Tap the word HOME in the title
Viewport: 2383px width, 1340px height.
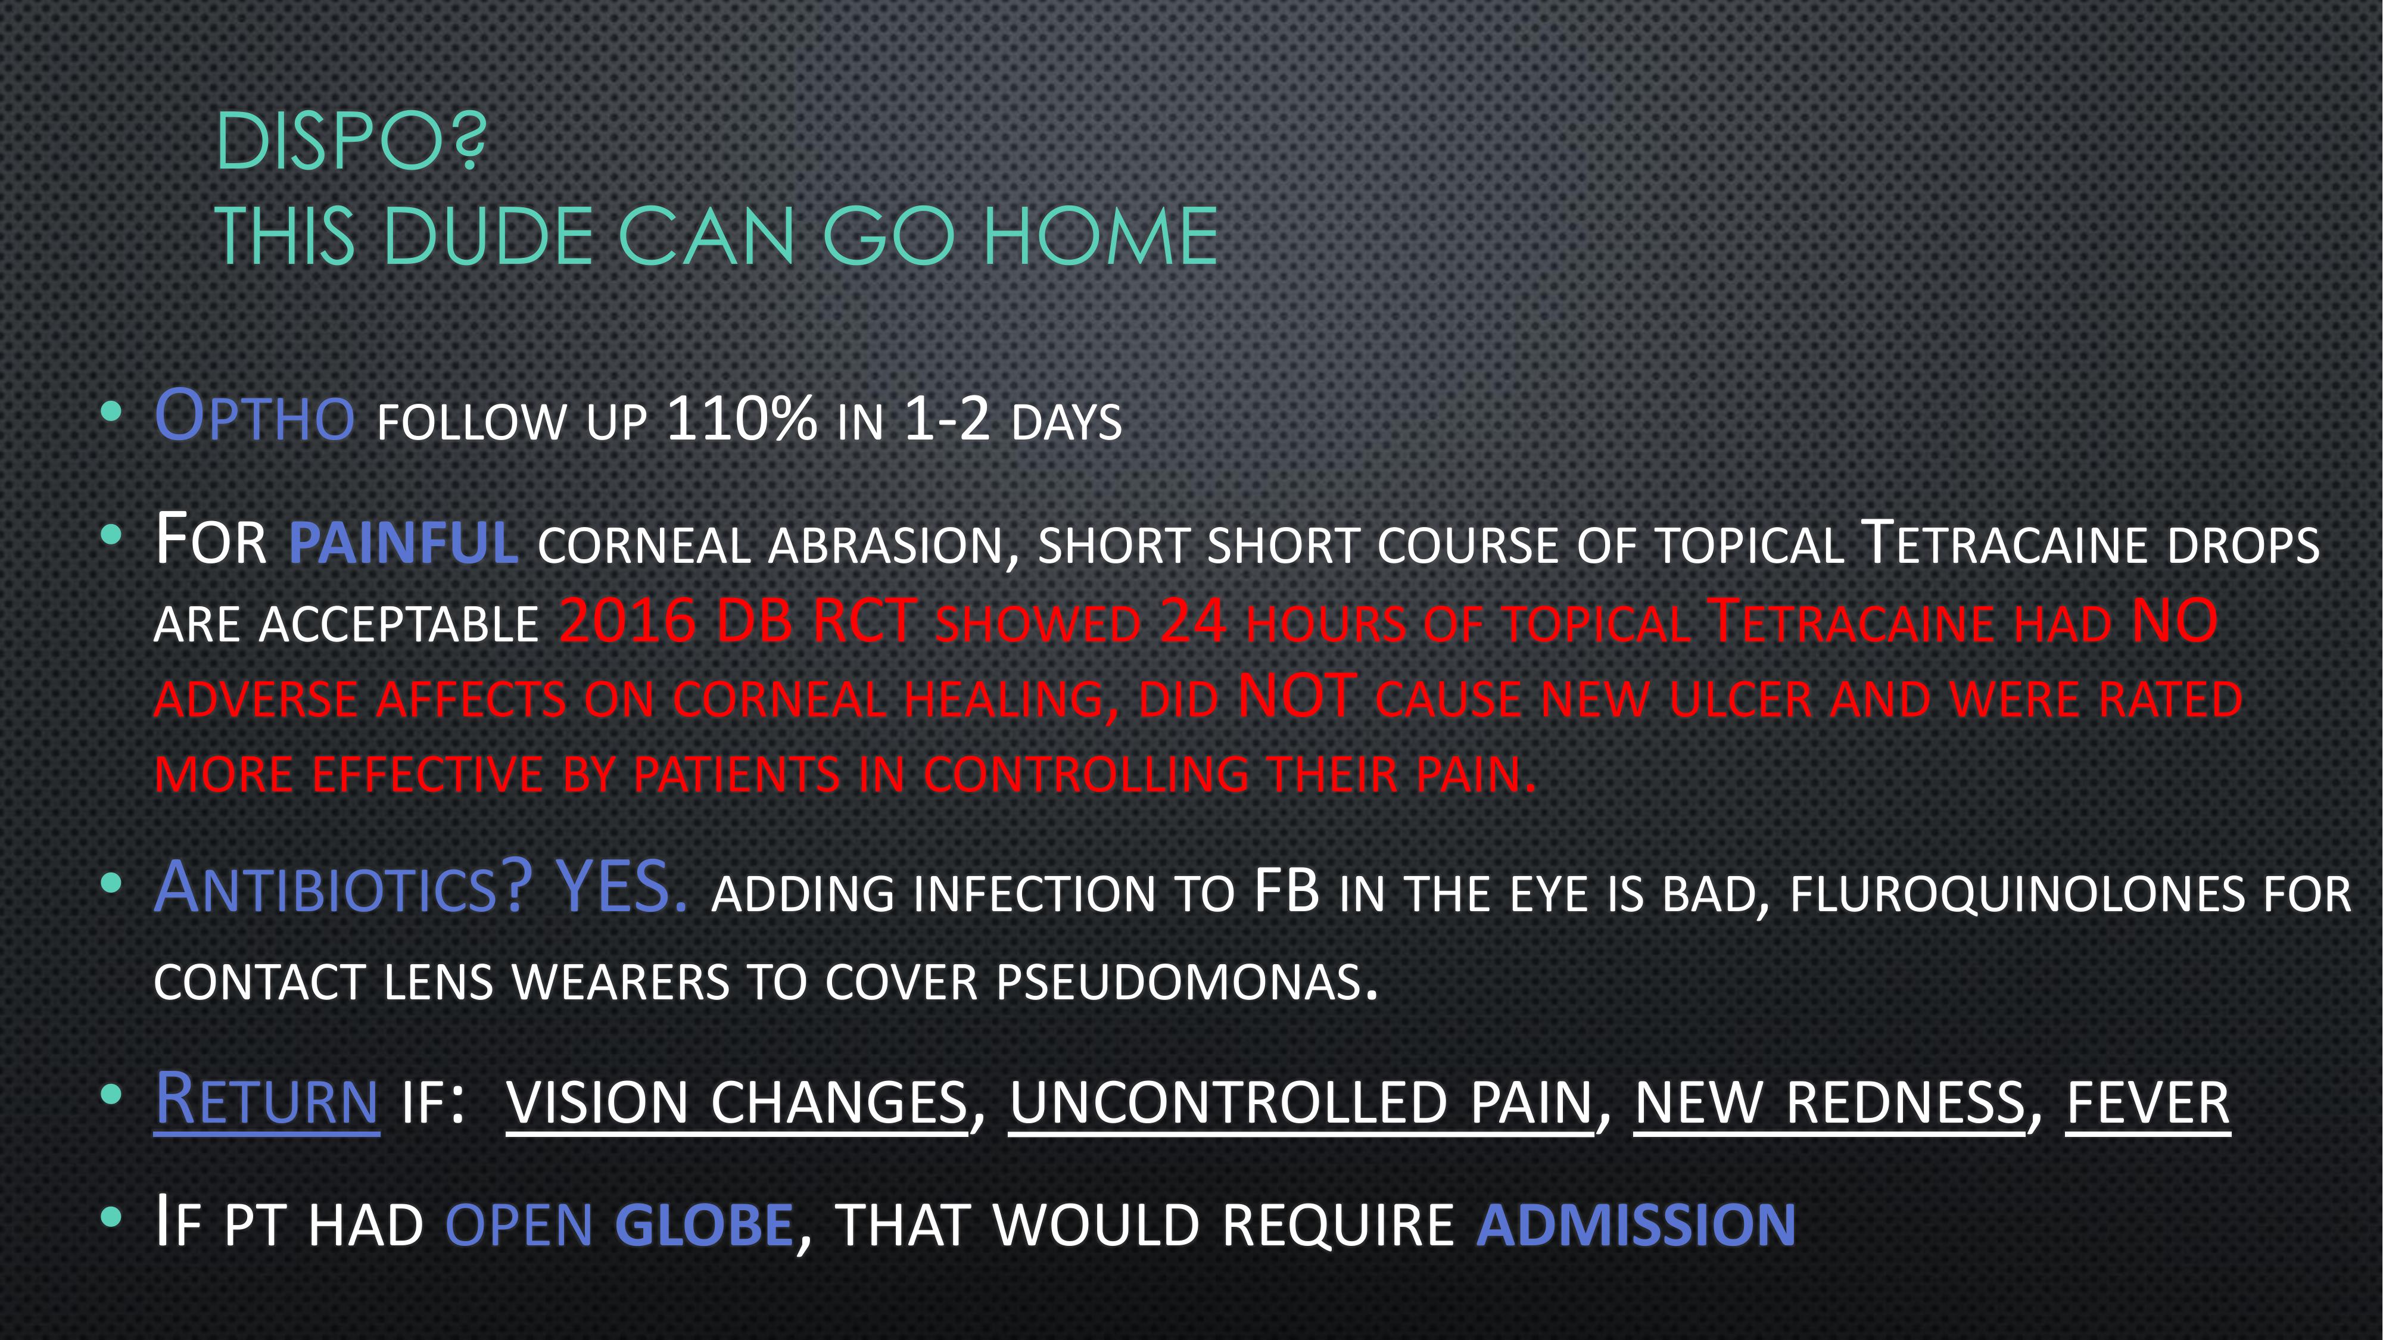tap(1100, 237)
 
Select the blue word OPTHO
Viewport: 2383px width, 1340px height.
tap(254, 415)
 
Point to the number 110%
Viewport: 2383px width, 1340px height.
tap(741, 418)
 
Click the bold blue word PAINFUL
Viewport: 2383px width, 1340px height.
tap(403, 543)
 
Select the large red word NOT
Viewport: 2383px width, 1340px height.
tap(1297, 696)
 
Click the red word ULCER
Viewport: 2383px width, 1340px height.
tap(1739, 700)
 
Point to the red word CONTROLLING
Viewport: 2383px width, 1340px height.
tap(1086, 774)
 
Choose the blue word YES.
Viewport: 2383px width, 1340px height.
tap(622, 886)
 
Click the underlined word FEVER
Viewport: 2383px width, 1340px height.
tap(2148, 1103)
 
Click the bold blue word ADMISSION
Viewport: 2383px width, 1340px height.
tap(1636, 1225)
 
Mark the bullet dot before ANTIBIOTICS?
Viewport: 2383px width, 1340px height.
tap(111, 883)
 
